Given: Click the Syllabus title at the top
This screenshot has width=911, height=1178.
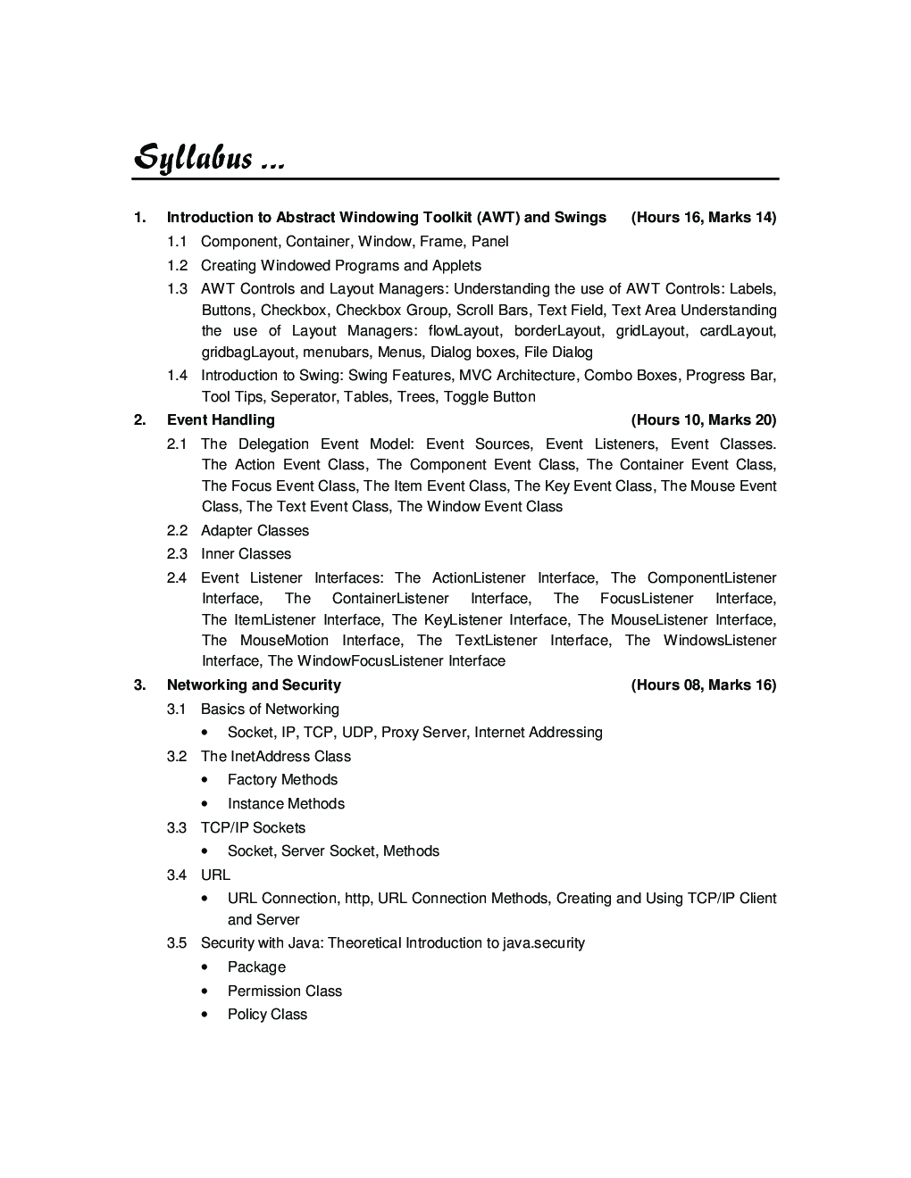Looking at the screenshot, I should tap(209, 158).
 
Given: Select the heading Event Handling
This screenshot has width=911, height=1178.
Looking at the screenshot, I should tap(221, 420).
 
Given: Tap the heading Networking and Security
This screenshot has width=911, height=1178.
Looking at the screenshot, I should tap(254, 685).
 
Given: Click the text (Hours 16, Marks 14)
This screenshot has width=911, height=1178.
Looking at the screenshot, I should tap(704, 218).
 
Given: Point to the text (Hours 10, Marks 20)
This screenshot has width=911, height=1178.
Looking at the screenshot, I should tap(704, 420).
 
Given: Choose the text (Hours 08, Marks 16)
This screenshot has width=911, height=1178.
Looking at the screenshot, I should tap(704, 685).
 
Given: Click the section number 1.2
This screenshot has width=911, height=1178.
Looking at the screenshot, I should tap(177, 266).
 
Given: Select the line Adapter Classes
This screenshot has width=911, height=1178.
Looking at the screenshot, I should tap(255, 531).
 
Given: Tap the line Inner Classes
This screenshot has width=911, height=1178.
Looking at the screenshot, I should tap(246, 554).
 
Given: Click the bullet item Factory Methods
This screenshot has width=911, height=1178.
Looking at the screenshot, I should tap(282, 780).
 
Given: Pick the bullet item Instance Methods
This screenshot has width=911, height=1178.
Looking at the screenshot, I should tap(286, 804).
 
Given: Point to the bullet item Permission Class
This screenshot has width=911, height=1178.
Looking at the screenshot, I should tap(284, 991).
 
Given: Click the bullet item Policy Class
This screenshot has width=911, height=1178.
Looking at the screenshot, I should tap(267, 1015).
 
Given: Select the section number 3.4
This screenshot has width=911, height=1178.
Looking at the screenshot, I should tap(177, 875).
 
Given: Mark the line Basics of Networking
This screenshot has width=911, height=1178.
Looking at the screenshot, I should tap(270, 709).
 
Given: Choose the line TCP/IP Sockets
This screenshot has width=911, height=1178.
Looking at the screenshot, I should tap(253, 828).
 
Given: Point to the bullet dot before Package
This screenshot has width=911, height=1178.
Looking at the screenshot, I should tap(206, 967).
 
